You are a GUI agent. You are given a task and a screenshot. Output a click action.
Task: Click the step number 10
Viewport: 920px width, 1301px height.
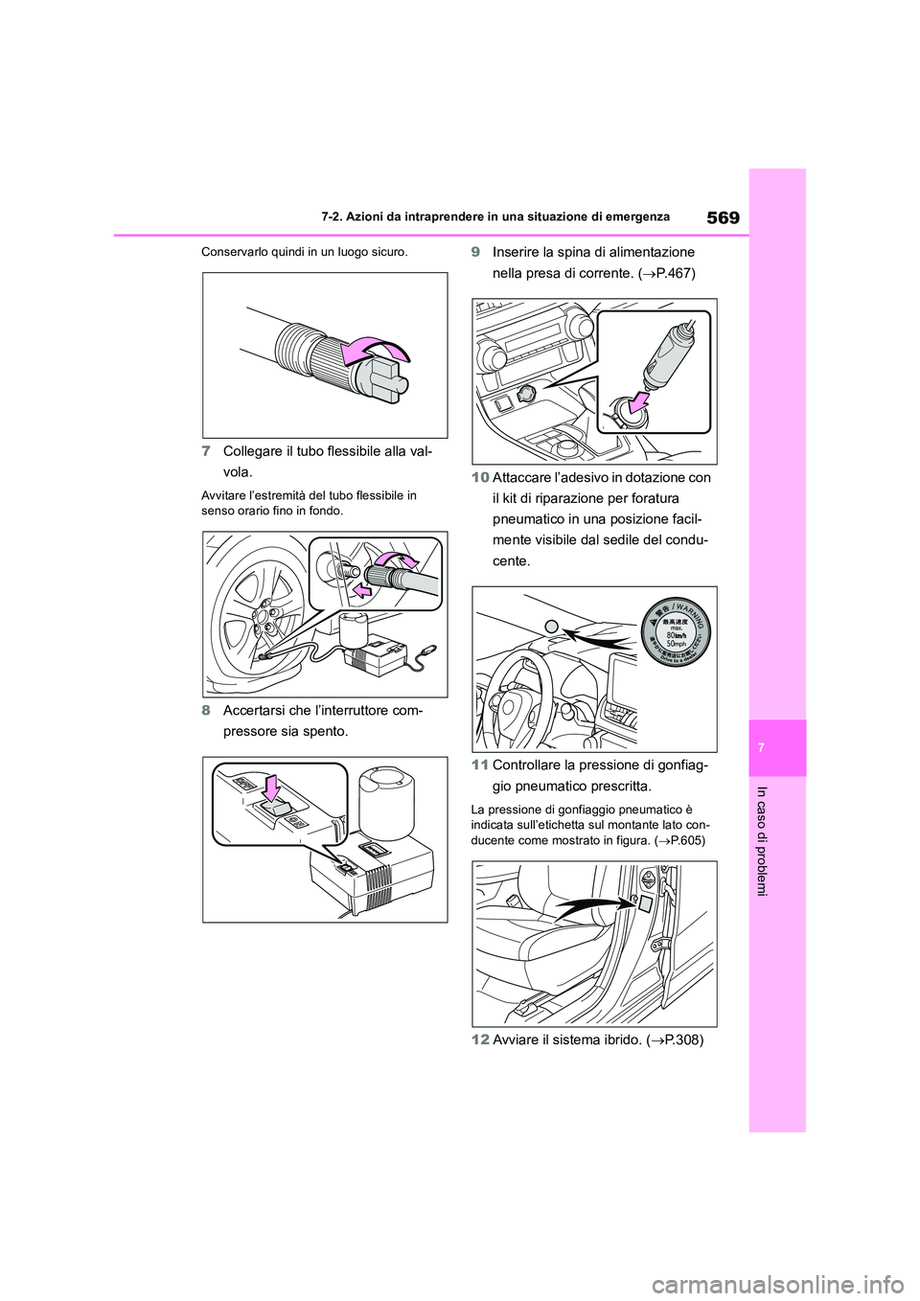(x=480, y=477)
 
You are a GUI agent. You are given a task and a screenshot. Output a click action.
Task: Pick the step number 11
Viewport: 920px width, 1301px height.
(x=480, y=765)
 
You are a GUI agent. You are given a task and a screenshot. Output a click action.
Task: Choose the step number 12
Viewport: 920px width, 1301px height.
(x=480, y=1040)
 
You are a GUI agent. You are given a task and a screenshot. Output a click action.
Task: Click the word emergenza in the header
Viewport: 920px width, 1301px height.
(x=633, y=217)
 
